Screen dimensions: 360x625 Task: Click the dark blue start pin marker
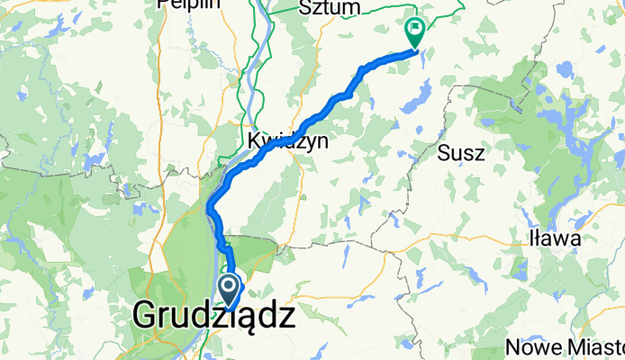point(229,291)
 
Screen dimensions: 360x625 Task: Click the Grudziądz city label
point(214,316)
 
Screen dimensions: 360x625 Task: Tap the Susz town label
point(461,153)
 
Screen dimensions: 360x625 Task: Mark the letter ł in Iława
point(539,238)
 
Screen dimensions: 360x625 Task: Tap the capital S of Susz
point(443,153)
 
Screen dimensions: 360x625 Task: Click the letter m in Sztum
point(353,8)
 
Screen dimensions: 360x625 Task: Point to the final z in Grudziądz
point(284,316)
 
